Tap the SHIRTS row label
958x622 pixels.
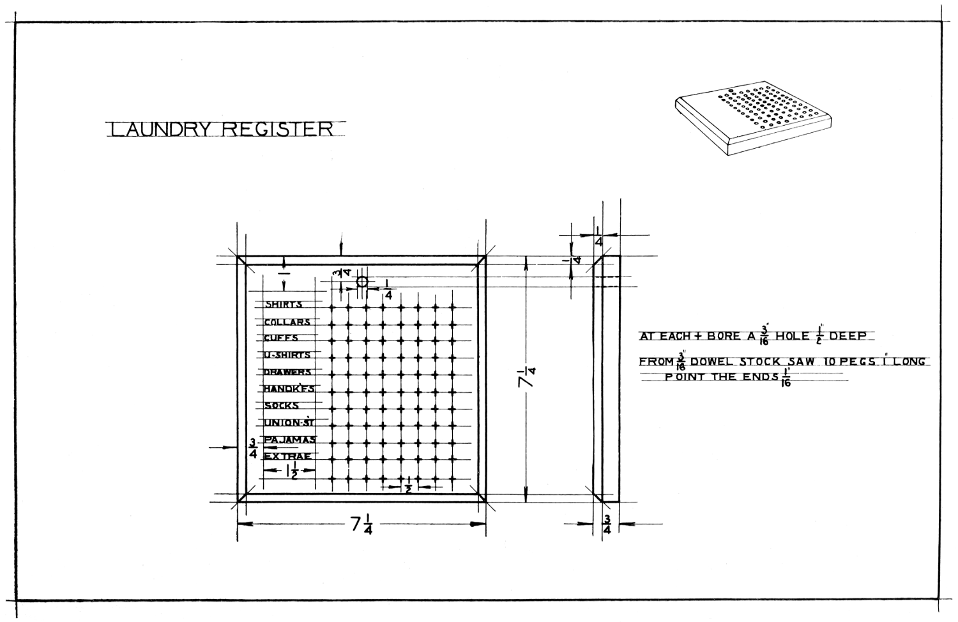[x=284, y=305]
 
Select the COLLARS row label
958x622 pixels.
[x=287, y=322]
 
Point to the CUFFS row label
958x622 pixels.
[x=281, y=338]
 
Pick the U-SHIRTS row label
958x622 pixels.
[x=287, y=355]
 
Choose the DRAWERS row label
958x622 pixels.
[x=287, y=372]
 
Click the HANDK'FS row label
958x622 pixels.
[x=289, y=388]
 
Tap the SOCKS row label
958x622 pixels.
[x=282, y=406]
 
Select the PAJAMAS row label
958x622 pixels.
[x=290, y=439]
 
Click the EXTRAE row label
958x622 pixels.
[x=288, y=456]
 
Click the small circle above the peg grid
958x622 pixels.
[x=362, y=282]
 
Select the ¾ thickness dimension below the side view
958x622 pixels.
[x=607, y=525]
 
